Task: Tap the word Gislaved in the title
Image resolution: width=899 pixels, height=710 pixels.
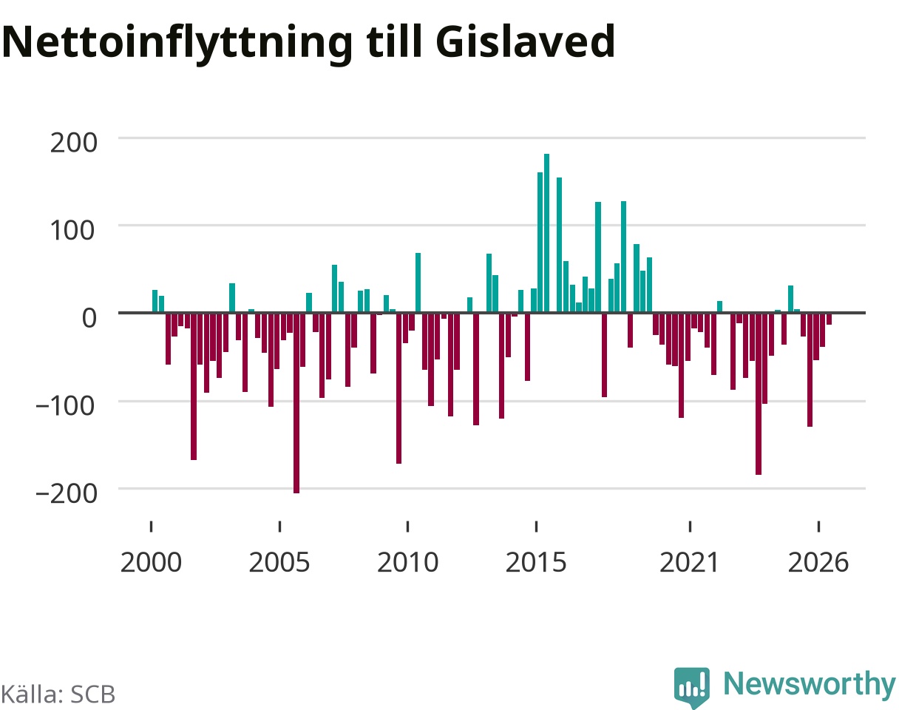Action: [525, 41]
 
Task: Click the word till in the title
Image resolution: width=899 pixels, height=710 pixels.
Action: [394, 41]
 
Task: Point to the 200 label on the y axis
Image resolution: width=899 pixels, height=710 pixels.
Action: [73, 143]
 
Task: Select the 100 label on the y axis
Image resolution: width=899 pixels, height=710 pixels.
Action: [72, 230]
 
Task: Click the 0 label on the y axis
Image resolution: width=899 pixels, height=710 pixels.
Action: [89, 318]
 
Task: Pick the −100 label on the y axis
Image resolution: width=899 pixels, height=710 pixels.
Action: [66, 406]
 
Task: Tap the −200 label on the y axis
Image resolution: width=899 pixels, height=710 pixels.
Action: [67, 493]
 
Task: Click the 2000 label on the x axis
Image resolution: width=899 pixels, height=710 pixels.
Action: [151, 563]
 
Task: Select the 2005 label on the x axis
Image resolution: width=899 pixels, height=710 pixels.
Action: [279, 563]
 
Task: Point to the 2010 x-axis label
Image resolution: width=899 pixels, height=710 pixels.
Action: [407, 563]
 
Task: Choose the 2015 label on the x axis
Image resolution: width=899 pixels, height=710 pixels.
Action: [536, 563]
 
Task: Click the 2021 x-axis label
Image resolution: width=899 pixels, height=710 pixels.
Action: [690, 563]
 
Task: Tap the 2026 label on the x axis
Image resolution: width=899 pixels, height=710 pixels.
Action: [818, 563]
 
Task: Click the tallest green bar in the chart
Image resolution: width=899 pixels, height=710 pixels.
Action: [546, 233]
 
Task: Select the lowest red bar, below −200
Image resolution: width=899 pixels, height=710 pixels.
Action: [296, 403]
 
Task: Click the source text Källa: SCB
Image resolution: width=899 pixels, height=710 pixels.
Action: [58, 694]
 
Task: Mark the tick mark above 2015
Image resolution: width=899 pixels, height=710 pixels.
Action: [537, 527]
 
